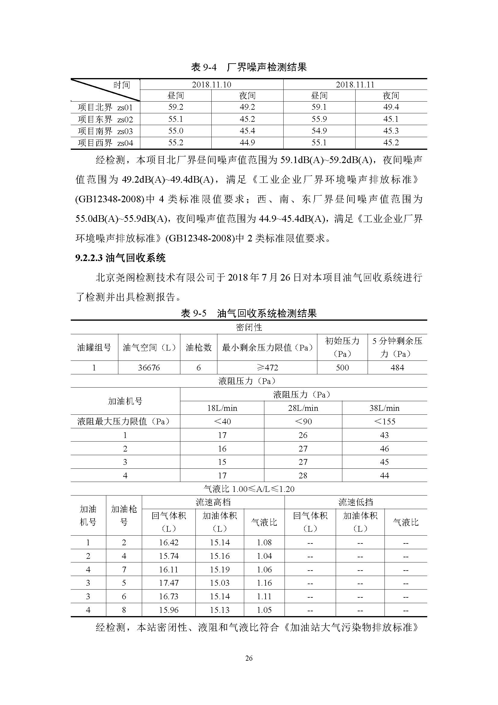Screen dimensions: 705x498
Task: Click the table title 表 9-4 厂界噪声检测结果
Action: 249,67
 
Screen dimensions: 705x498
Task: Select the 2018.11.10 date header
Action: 211,85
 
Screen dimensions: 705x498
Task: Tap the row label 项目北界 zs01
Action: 105,108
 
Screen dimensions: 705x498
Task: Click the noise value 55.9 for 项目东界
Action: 319,119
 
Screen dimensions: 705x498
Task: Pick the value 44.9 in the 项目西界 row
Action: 247,143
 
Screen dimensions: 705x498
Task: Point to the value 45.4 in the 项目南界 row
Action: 247,131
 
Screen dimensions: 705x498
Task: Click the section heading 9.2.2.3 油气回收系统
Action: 120,258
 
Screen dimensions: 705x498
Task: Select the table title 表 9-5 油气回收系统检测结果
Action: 249,313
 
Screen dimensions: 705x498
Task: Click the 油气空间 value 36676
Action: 149,367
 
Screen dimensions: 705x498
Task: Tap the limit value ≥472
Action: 267,367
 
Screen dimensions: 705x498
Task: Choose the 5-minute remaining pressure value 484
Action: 397,367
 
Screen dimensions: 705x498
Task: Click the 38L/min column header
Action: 384,408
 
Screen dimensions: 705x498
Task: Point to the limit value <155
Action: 384,422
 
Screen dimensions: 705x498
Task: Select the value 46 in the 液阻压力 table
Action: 384,448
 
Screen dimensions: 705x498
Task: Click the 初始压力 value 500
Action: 342,367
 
